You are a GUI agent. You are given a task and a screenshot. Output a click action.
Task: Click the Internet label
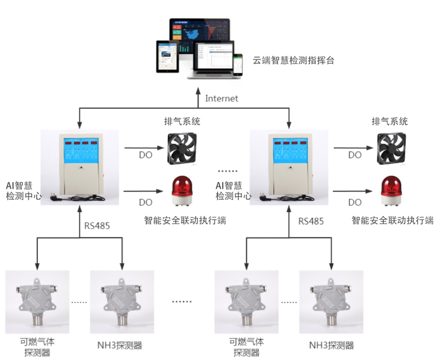point(221,98)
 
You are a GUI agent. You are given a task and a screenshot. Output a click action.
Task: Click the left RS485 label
point(97,226)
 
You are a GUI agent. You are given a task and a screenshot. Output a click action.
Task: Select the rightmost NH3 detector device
point(331,301)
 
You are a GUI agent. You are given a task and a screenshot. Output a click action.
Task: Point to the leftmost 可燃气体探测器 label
point(37,347)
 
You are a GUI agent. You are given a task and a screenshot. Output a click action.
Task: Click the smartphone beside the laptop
point(238,64)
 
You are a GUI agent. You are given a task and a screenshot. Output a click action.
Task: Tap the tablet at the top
point(168,56)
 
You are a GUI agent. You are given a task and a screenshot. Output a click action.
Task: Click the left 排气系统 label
point(182,122)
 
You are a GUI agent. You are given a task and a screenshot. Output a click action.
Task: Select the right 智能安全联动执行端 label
point(392,221)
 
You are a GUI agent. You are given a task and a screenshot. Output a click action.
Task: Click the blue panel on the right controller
point(289,150)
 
